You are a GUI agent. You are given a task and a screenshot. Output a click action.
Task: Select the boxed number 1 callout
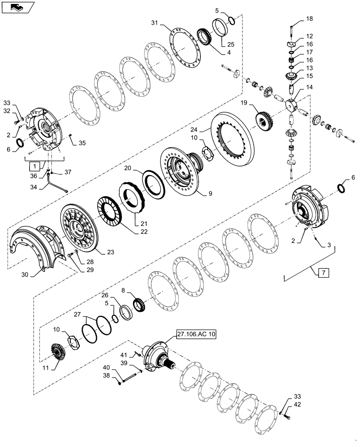(33, 167)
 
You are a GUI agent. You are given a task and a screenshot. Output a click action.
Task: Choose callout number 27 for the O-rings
(78, 314)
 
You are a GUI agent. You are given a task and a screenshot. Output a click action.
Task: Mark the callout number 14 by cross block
(309, 88)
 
